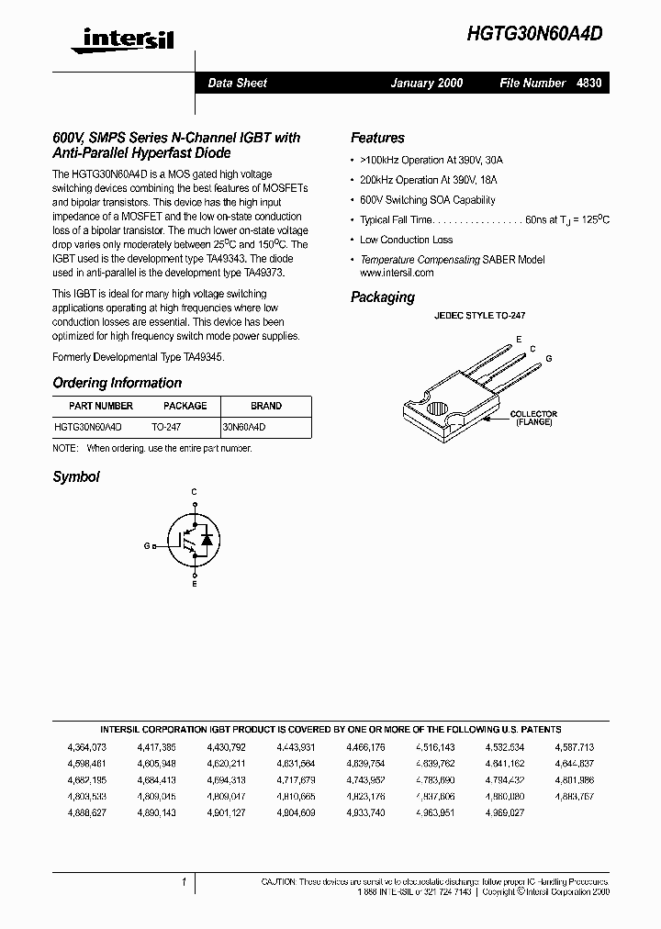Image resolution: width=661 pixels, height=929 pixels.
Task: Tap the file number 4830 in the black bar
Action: tap(589, 83)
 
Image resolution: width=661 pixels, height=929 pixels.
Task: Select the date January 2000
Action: tap(427, 83)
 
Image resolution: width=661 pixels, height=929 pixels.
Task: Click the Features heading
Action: tap(377, 138)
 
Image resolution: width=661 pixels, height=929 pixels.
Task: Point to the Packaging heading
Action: tap(383, 297)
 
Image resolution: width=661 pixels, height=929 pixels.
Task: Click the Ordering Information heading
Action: tap(117, 383)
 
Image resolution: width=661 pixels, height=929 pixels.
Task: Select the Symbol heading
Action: tap(75, 477)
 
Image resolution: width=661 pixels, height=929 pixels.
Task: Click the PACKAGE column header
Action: tap(185, 406)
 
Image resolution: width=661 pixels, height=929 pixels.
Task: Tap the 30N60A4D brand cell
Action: tap(245, 427)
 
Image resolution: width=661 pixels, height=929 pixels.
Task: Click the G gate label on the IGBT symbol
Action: tap(146, 545)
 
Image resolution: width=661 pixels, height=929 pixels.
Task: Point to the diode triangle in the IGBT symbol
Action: tap(207, 538)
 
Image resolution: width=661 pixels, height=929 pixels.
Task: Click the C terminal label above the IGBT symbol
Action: tap(194, 493)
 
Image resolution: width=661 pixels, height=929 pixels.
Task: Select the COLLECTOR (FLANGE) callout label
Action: tap(533, 418)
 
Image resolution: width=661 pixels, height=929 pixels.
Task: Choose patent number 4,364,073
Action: tap(87, 748)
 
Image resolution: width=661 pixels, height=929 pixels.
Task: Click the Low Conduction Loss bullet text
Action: tap(406, 240)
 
